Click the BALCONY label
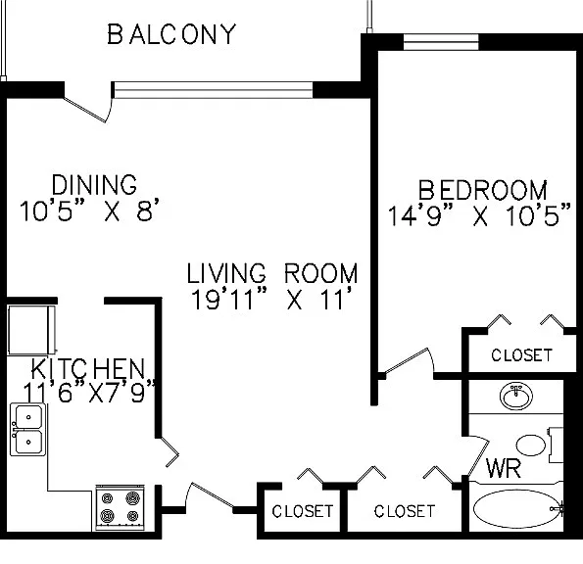171,34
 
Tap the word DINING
94,185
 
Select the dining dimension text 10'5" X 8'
89,211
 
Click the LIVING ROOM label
272,273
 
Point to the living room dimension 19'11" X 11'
271,299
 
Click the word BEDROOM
483,190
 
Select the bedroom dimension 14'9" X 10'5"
479,215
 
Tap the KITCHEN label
88,368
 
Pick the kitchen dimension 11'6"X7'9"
89,392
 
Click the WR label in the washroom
504,469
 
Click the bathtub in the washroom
518,508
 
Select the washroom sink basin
516,396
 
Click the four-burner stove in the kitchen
121,507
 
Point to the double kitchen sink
28,430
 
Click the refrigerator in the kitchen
32,330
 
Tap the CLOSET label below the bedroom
521,355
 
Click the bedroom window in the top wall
441,41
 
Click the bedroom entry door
409,360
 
